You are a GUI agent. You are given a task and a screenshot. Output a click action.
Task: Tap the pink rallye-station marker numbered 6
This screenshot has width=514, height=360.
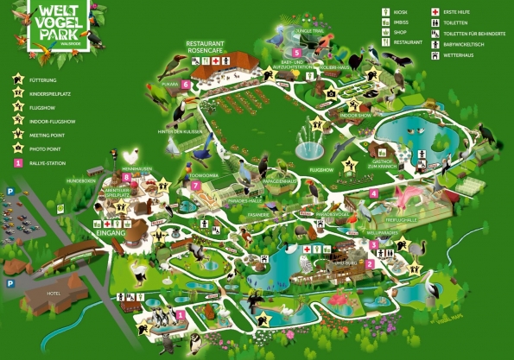(187, 108)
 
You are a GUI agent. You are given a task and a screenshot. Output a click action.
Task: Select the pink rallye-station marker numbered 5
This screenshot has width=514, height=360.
(296, 53)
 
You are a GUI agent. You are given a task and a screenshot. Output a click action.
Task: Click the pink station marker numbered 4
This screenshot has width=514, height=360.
(373, 193)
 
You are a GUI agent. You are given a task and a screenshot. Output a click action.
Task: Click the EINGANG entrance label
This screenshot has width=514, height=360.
(113, 233)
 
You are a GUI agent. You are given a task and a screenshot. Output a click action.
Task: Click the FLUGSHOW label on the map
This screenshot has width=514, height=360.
(320, 171)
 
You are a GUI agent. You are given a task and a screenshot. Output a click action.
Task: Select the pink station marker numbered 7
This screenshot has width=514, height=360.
(197, 185)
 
